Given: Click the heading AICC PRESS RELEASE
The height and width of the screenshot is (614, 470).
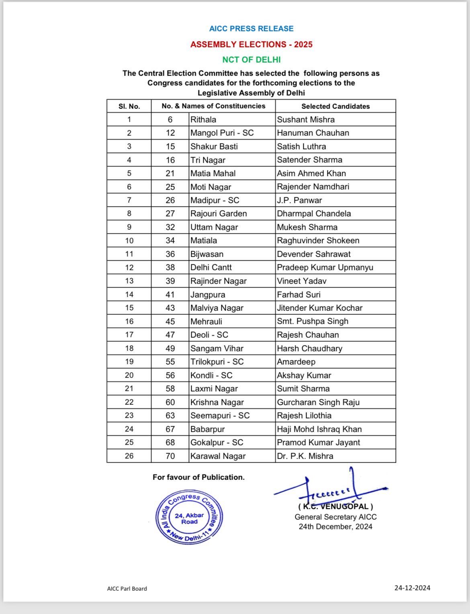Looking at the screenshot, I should [251, 29].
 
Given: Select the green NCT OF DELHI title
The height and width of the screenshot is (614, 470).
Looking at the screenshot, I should [251, 59].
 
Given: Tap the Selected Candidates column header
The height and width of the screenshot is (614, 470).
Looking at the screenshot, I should [335, 106].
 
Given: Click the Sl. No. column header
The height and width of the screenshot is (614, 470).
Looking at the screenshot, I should [129, 106].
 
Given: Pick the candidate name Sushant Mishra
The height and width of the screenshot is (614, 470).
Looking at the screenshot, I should [306, 120].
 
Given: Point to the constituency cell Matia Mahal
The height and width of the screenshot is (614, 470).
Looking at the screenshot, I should [213, 173].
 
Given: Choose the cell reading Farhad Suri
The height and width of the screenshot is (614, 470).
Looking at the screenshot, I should [298, 295].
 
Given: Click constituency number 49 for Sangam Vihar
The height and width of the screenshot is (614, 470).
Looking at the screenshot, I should [170, 349].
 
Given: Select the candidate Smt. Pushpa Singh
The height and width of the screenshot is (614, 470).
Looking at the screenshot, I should [313, 321].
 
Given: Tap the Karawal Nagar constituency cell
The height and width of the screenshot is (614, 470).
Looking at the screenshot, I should [218, 456].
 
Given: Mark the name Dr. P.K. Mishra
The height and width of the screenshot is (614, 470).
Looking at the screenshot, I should [305, 456].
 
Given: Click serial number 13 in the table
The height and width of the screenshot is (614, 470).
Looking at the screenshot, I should [129, 281].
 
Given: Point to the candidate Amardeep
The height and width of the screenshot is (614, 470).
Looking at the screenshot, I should [296, 362].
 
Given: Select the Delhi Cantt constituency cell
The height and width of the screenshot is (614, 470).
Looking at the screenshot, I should [211, 267].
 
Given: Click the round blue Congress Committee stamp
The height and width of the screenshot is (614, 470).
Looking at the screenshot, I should [189, 518].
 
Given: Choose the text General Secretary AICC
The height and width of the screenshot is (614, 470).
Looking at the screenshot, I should [335, 517].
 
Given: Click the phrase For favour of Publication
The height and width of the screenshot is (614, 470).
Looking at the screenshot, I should [198, 477].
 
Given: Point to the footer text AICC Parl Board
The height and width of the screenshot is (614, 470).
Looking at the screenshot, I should [127, 589].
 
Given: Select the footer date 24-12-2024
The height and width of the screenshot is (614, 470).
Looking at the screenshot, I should [412, 588].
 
